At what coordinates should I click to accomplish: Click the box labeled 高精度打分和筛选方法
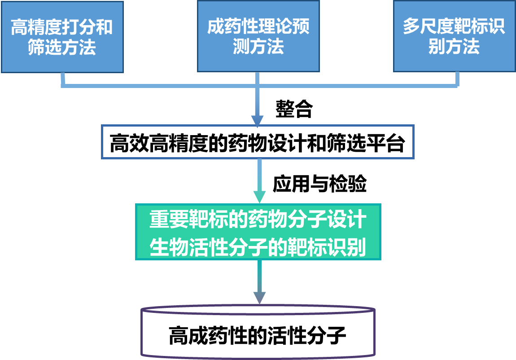(62, 37)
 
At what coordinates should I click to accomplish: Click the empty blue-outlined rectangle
(258, 142)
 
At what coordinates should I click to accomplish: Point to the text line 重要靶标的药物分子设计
(258, 220)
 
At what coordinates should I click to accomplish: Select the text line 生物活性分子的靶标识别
(258, 246)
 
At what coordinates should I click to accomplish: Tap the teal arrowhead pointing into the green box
(259, 197)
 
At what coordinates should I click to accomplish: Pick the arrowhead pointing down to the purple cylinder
(259, 298)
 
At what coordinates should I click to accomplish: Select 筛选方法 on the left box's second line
(62, 48)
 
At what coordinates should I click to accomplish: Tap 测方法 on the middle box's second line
(258, 47)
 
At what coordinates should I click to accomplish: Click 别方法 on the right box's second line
(454, 47)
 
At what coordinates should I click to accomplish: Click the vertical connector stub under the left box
(63, 79)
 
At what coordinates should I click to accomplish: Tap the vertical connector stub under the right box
(457, 79)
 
